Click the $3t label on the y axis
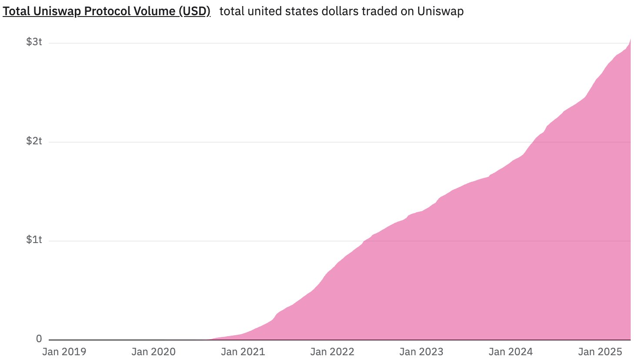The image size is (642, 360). coord(34,42)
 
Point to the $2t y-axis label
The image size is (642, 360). coord(34,141)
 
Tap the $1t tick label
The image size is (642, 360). coord(34,240)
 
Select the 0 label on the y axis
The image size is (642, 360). coord(39,339)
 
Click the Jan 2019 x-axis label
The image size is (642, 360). coord(64,352)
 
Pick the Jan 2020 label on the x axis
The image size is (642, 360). coord(154,352)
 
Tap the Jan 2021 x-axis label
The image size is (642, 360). coord(243,352)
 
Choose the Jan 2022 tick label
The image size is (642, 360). coord(332,352)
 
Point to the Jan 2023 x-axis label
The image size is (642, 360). coord(421,352)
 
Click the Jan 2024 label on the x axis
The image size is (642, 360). coord(511,352)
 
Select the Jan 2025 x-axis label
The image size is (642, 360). coord(600,352)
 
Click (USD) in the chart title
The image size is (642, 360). coord(194,11)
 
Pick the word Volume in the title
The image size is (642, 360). coord(155,11)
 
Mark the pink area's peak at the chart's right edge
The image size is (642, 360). coord(630,40)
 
